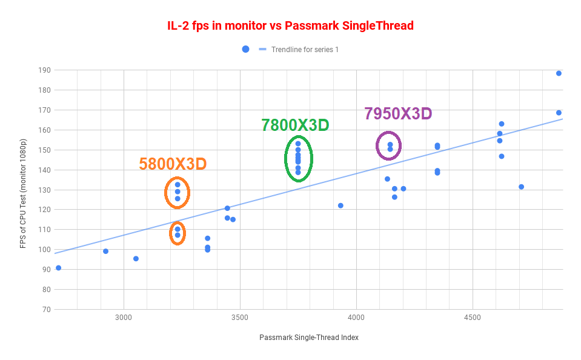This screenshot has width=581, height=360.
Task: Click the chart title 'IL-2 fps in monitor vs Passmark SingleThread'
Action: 290,26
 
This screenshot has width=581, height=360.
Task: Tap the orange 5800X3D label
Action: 173,164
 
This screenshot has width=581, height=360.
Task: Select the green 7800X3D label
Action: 295,125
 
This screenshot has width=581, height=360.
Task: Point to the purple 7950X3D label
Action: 397,113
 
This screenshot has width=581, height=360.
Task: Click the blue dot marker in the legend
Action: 245,49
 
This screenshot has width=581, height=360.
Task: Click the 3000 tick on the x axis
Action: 124,318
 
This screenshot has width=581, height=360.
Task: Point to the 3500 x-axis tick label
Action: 240,318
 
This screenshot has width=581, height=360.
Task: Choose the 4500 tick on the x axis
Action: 472,318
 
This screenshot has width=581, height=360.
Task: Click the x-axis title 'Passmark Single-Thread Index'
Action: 309,338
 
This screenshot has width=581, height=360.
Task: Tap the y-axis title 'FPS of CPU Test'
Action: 24,190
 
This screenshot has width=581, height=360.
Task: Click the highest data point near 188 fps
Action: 559,73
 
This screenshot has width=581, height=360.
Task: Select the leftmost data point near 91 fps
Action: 58,268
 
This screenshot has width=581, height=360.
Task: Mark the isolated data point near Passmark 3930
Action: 340,205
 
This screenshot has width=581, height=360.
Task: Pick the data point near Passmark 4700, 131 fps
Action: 521,187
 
